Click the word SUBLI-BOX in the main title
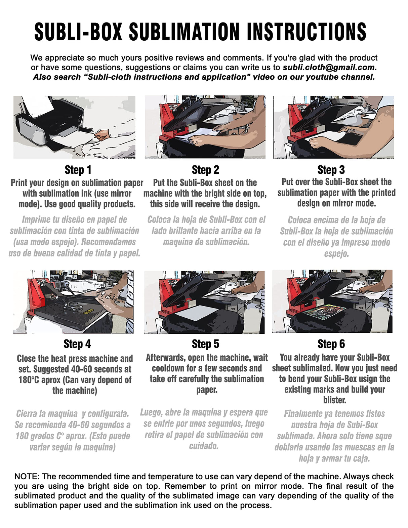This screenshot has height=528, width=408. coord(78,31)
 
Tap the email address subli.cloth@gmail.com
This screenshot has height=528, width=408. coord(330,67)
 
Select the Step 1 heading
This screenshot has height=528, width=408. coord(78,170)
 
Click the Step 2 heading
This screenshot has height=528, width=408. coord(205,170)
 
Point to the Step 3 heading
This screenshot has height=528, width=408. coord(331,170)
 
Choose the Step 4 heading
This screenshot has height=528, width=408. coord(77,344)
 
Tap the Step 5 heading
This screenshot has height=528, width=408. coord(205,344)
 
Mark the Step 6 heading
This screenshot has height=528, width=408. coord(331,344)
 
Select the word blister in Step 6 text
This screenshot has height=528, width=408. coord(335,400)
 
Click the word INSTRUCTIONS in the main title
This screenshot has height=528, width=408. coord(307,31)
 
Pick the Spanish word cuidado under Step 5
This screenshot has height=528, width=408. coord(204,446)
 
